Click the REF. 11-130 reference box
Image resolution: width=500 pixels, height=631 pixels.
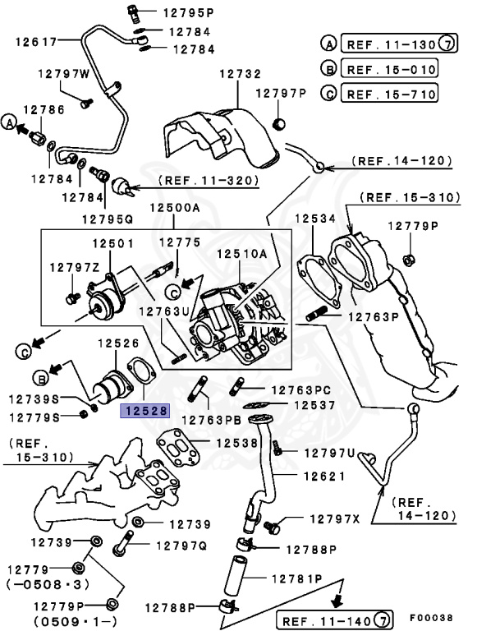tap(389, 44)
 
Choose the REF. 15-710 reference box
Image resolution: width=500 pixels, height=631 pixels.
tap(389, 94)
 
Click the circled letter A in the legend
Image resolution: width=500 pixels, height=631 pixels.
tap(328, 44)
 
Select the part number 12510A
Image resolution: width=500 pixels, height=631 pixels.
tap(242, 255)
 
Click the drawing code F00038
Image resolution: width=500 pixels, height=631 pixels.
tap(431, 615)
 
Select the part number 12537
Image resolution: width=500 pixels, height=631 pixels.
tap(315, 405)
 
